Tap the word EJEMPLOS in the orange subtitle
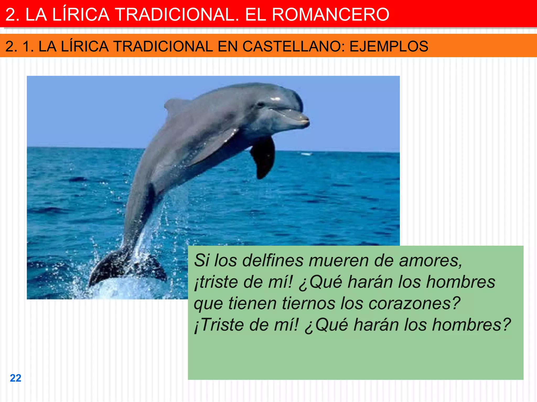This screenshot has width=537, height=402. pos(389,46)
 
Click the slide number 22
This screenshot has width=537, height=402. pos(15,378)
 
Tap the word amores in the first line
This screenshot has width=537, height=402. pos(430,261)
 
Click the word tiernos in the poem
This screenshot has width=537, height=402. pos(308,304)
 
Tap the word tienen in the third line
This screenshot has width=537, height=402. pos(252,304)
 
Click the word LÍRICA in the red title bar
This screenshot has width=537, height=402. pos(81,14)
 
